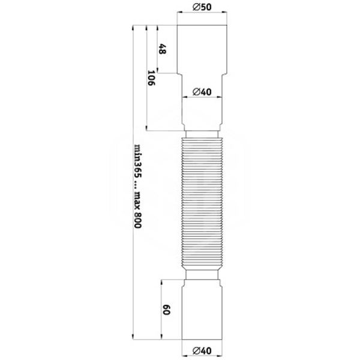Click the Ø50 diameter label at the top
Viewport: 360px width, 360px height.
point(202,7)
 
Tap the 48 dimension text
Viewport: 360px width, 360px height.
point(163,49)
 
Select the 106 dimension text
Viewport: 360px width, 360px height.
point(151,78)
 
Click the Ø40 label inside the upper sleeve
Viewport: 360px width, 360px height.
point(202,92)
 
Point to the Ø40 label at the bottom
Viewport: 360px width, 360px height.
point(202,350)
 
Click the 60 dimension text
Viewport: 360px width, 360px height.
point(166,310)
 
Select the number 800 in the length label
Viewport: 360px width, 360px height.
point(138,220)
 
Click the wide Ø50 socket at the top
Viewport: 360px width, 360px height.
point(202,49)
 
